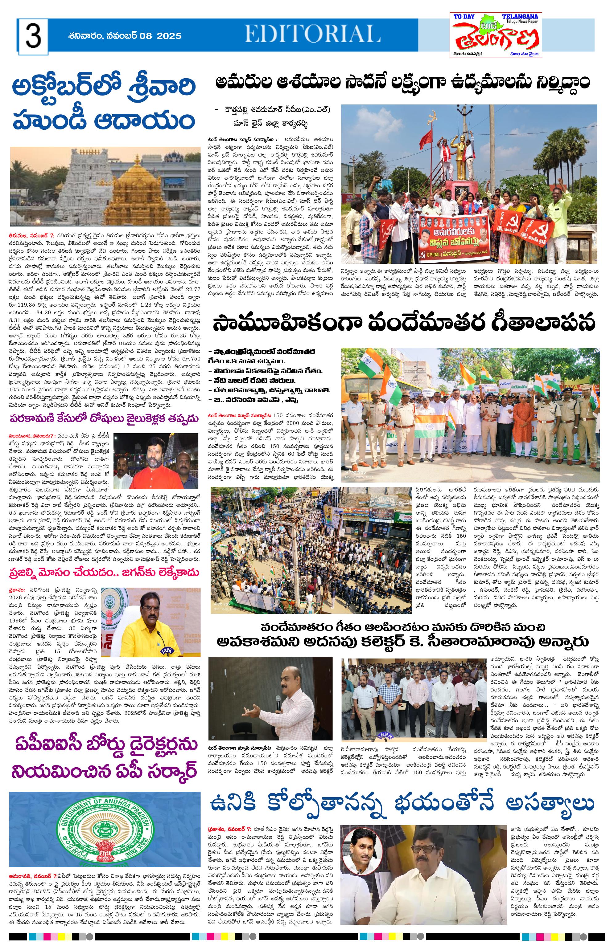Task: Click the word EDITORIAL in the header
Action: [x=313, y=34]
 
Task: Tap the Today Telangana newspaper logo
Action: [x=496, y=35]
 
